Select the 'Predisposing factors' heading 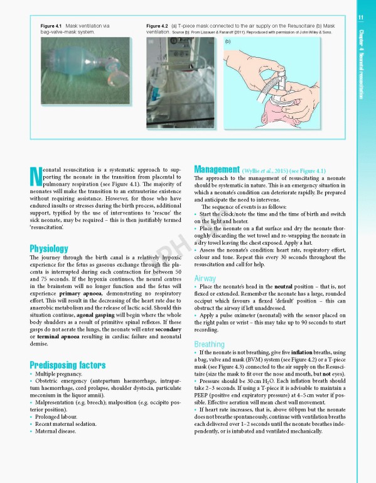coord(68,365)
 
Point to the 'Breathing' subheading coord(209,344)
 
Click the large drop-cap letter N coord(36,177)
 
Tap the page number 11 coord(361,17)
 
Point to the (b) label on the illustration coord(228,42)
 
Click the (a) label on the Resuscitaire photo coord(151,42)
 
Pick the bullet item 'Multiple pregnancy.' coord(60,375)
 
